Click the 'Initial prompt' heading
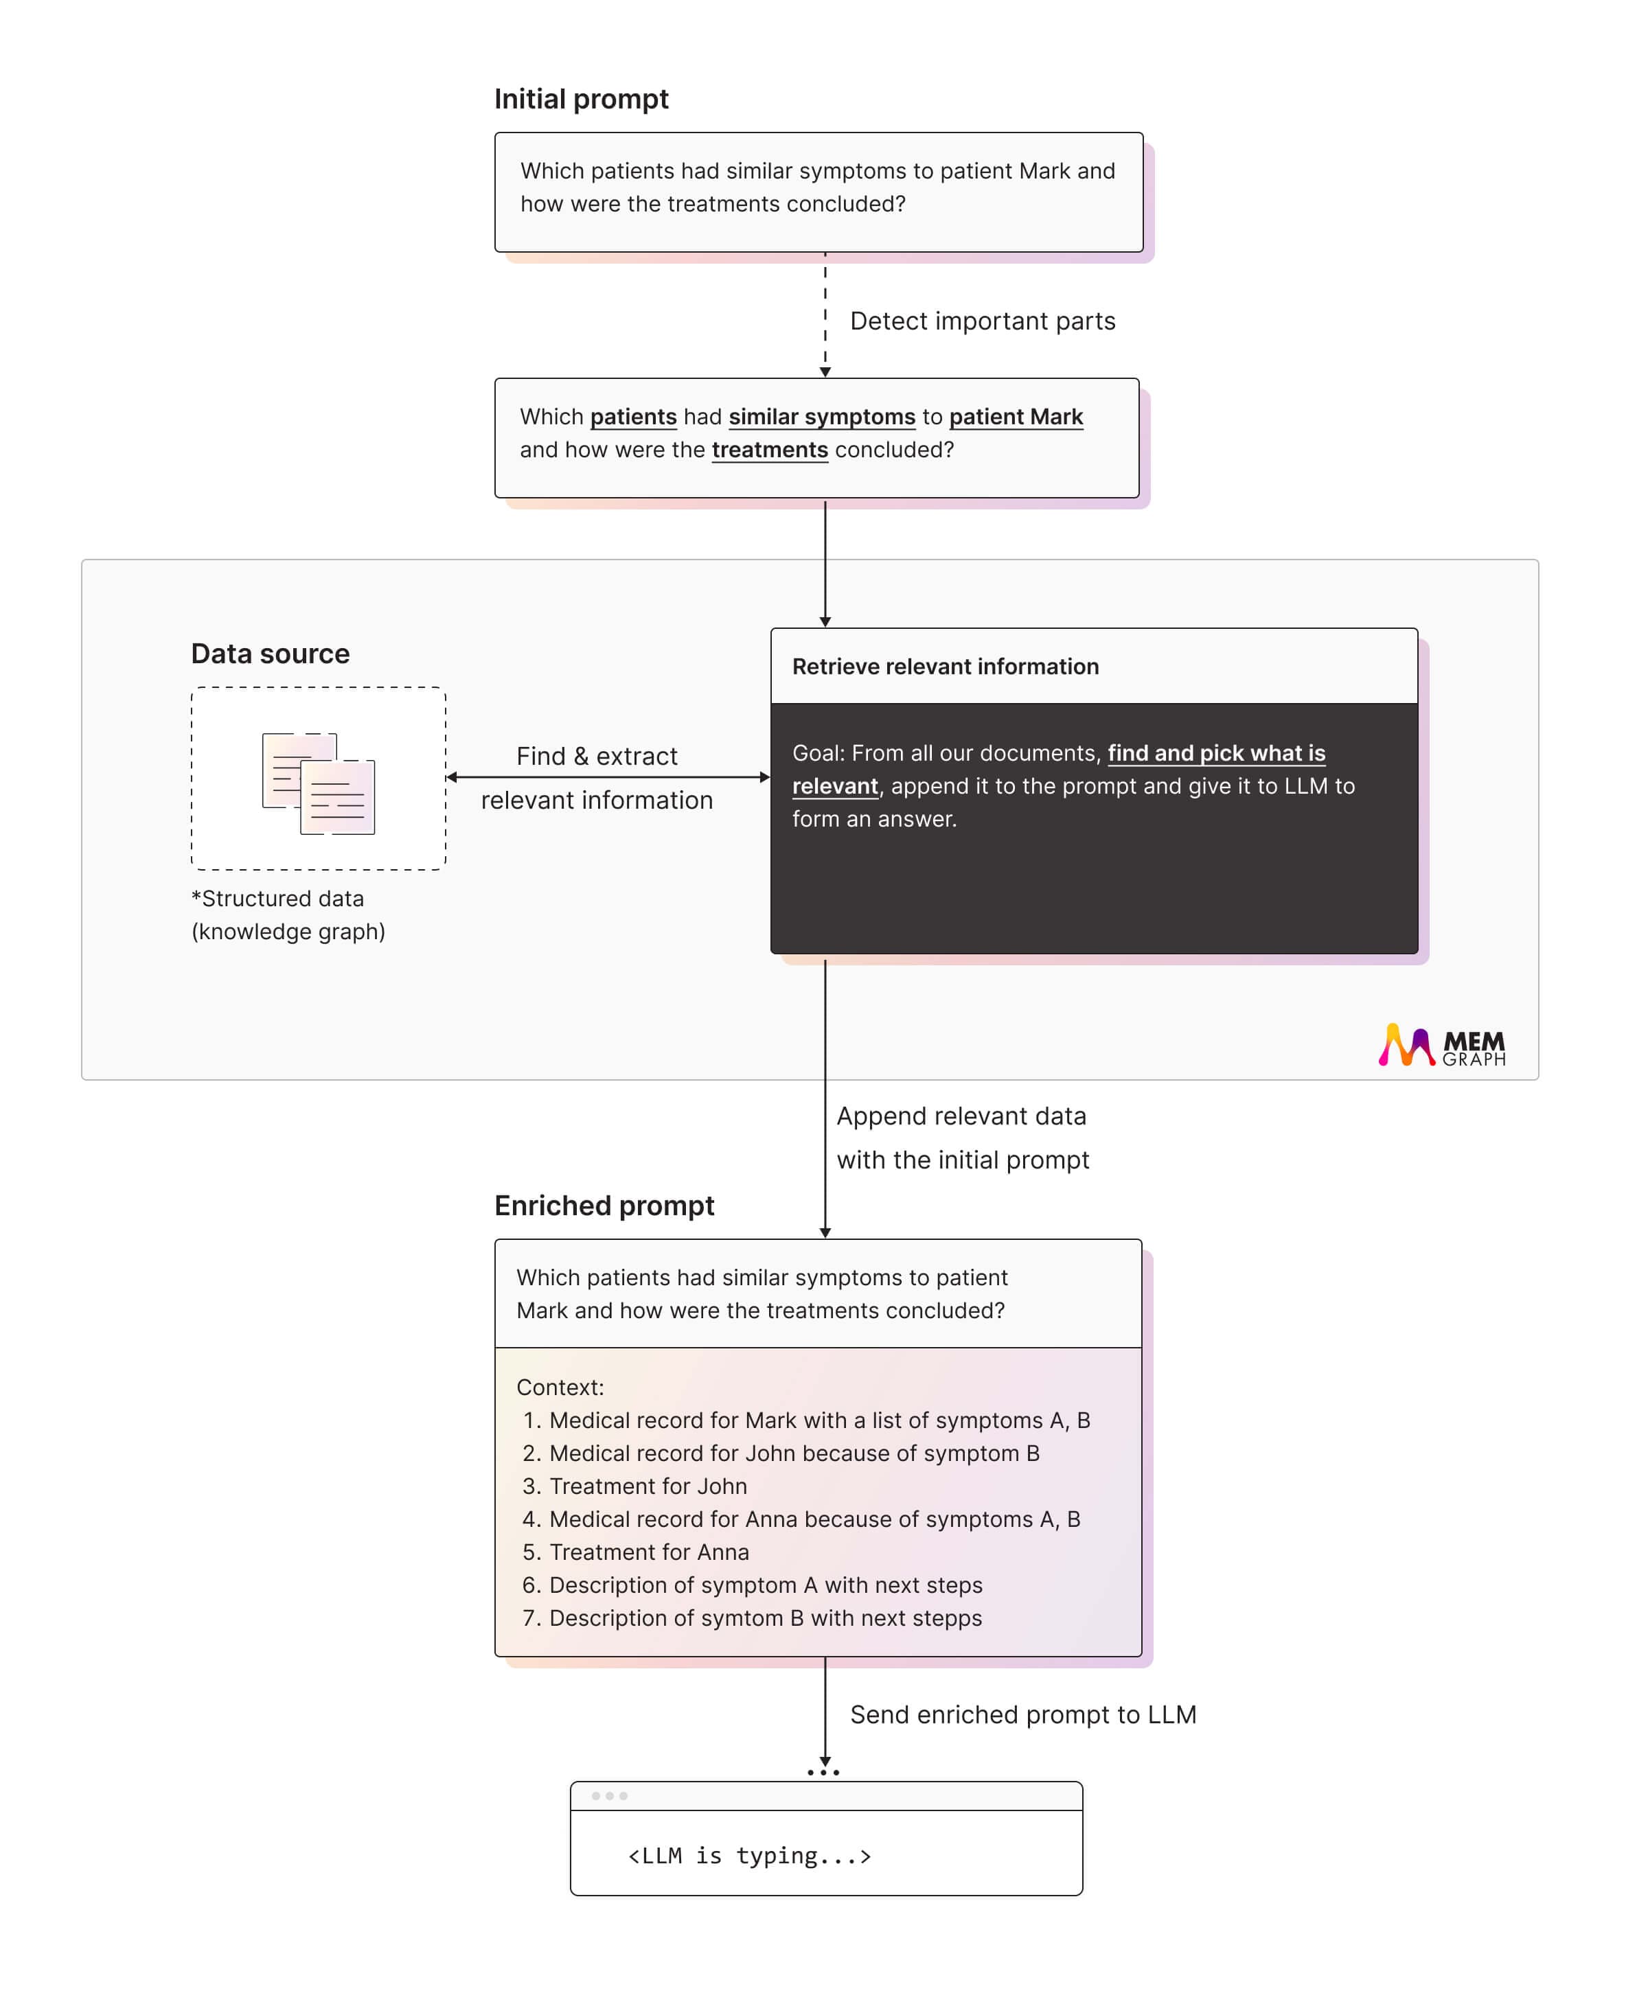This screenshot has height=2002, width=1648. pos(581,99)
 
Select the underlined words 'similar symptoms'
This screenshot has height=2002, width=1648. pos(821,417)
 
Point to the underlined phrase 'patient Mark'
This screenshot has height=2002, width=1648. pos(1015,417)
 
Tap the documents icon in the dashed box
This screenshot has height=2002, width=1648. pos(318,783)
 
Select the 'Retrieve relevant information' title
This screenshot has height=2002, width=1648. pos(945,667)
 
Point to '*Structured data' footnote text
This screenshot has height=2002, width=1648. pos(277,898)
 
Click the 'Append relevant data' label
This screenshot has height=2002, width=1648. pos(961,1116)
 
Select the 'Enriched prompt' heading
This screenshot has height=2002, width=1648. pos(604,1206)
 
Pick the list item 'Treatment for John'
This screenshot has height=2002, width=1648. pos(648,1486)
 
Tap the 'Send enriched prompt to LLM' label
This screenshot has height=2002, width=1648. pos(1022,1714)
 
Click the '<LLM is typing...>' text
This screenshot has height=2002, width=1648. pos(749,1855)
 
